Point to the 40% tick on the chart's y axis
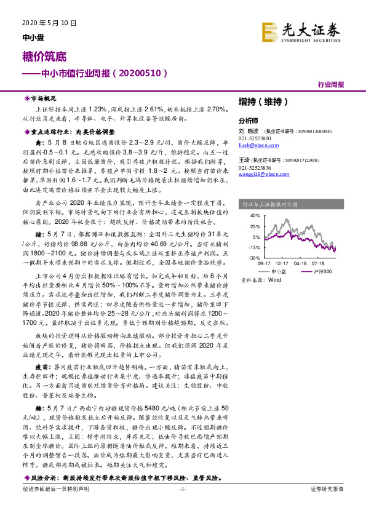click(x=255, y=216)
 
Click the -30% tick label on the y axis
click(x=255, y=258)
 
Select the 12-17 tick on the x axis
click(x=282, y=263)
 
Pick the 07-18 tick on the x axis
click(x=318, y=263)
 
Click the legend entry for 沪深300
click(x=317, y=271)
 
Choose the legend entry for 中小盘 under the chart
click(x=278, y=271)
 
